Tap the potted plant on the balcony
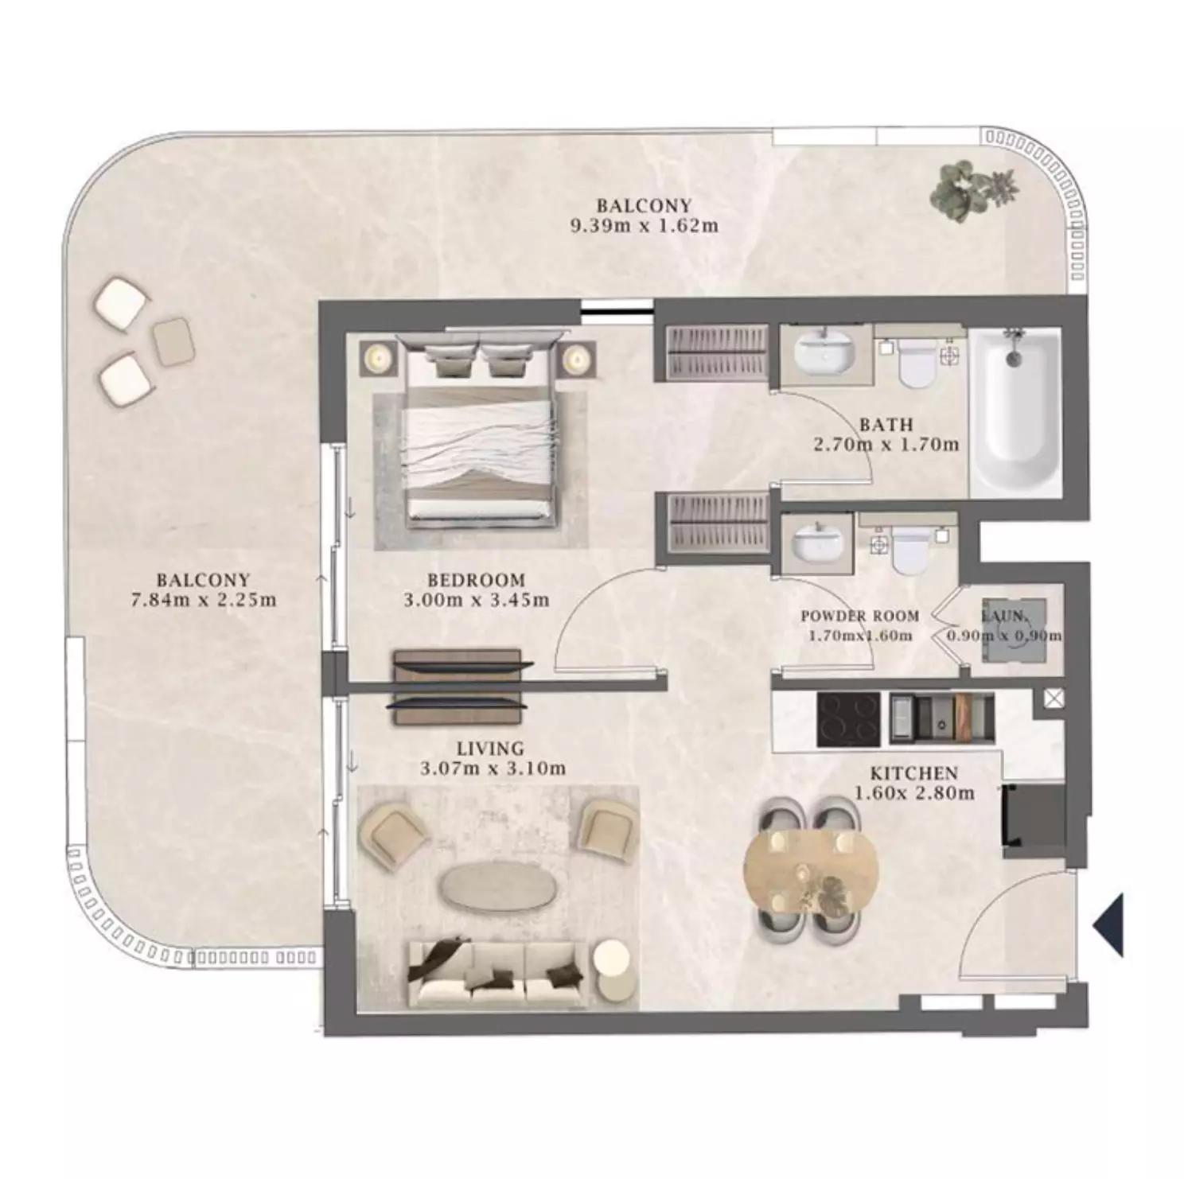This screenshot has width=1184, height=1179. (973, 192)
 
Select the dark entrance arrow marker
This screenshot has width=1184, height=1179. (1108, 924)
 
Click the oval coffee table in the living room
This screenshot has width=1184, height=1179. (498, 885)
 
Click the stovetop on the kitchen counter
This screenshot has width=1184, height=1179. (848, 718)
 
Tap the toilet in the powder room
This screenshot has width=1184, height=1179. (909, 548)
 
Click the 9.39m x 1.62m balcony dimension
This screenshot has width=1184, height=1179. (645, 225)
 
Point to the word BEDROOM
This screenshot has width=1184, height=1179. (476, 580)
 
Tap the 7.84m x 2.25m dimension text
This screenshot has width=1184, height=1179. (204, 600)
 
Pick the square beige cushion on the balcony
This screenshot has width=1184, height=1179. (173, 342)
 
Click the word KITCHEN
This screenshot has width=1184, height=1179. (913, 773)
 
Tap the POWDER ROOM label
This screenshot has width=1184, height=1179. (859, 616)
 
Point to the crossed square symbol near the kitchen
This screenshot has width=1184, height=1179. (1054, 698)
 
